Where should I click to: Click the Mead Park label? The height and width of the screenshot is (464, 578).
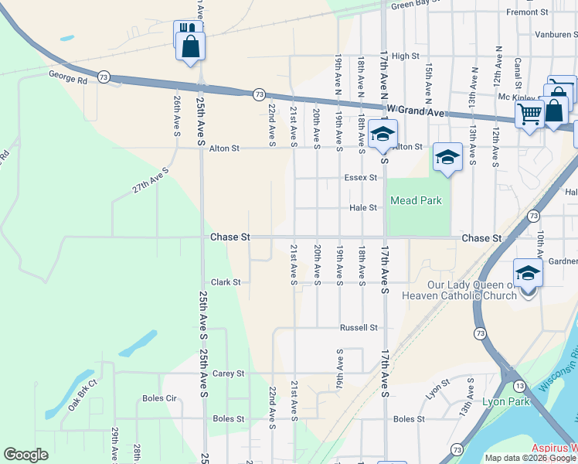tap(416, 201)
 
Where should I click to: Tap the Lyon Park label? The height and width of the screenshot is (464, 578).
tap(505, 401)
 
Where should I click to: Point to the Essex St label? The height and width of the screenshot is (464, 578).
tap(361, 177)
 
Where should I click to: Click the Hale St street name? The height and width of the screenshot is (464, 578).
tap(362, 207)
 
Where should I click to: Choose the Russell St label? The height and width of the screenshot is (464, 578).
tap(359, 327)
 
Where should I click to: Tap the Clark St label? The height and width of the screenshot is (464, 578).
tap(226, 282)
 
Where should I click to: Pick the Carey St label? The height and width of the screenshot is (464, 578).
tap(228, 373)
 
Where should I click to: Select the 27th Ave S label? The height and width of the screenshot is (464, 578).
tap(150, 185)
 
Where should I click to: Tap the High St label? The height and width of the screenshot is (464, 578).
tap(405, 56)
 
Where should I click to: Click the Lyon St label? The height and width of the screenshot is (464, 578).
tap(437, 386)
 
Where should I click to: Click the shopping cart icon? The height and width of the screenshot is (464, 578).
tap(530, 114)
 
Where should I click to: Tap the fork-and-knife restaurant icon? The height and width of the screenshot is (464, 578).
tap(187, 29)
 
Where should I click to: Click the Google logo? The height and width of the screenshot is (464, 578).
tap(25, 455)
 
